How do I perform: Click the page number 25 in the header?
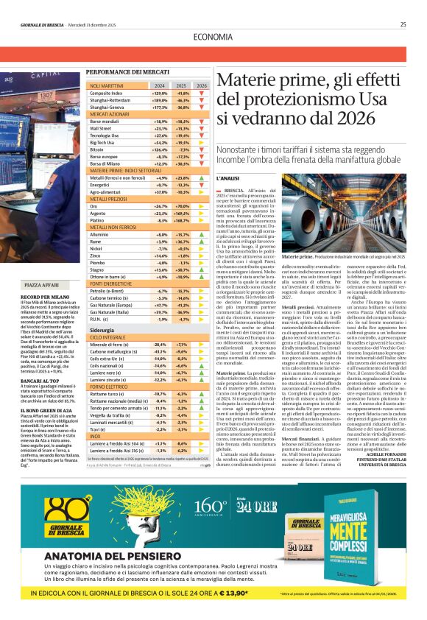(403, 24)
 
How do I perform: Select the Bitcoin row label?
(99, 149)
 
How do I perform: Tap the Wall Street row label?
(100, 128)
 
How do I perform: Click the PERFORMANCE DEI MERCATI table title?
(123, 72)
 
